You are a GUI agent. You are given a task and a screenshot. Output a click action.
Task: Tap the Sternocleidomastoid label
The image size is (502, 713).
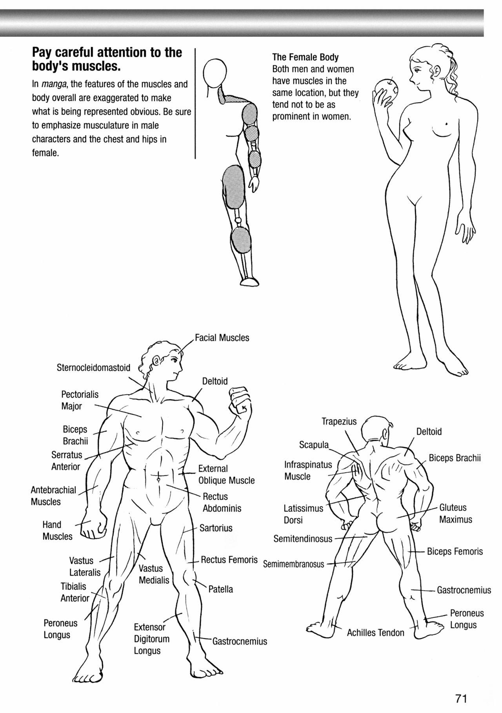(x=93, y=368)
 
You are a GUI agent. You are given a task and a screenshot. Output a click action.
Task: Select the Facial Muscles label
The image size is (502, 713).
(x=222, y=338)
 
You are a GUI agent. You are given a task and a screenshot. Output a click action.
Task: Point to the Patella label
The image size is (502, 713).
(x=220, y=589)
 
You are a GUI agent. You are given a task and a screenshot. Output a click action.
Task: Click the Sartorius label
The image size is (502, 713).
(x=216, y=528)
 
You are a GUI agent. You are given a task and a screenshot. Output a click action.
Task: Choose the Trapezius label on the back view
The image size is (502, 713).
(x=339, y=421)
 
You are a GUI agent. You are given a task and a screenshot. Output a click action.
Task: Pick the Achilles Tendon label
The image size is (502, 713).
(x=375, y=633)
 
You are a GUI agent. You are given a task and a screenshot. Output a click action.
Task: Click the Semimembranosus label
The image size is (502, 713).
(x=294, y=564)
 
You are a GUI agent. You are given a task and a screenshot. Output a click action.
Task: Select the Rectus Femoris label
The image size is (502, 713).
(x=229, y=560)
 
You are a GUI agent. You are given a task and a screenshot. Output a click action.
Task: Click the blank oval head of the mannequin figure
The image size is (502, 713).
(x=215, y=73)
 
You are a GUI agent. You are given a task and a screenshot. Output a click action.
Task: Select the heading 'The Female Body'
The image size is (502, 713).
(x=305, y=57)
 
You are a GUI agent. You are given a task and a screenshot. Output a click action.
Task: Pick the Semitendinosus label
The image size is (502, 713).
(x=303, y=539)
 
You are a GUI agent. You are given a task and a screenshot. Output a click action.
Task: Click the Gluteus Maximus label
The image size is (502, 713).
(x=455, y=513)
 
